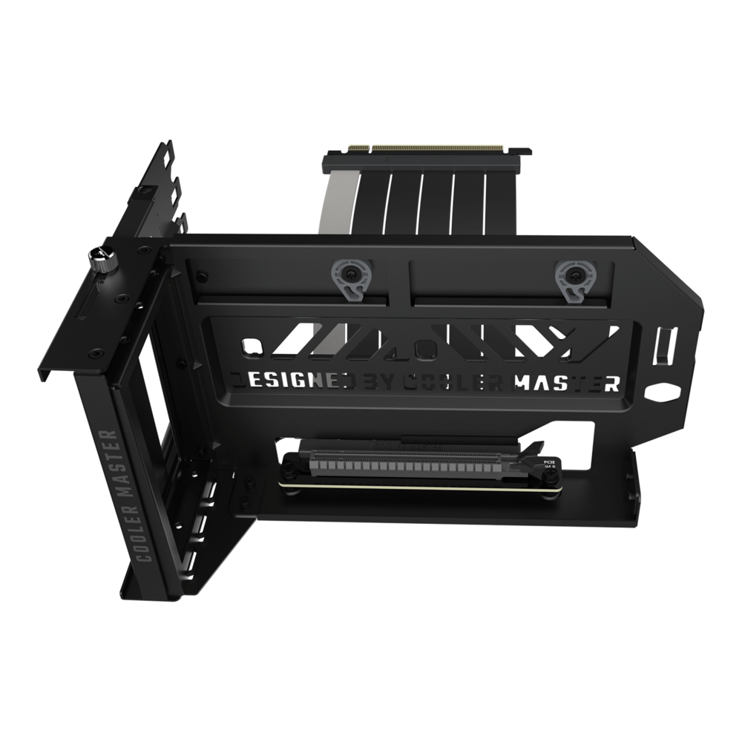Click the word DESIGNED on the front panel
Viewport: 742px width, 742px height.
coord(292,381)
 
